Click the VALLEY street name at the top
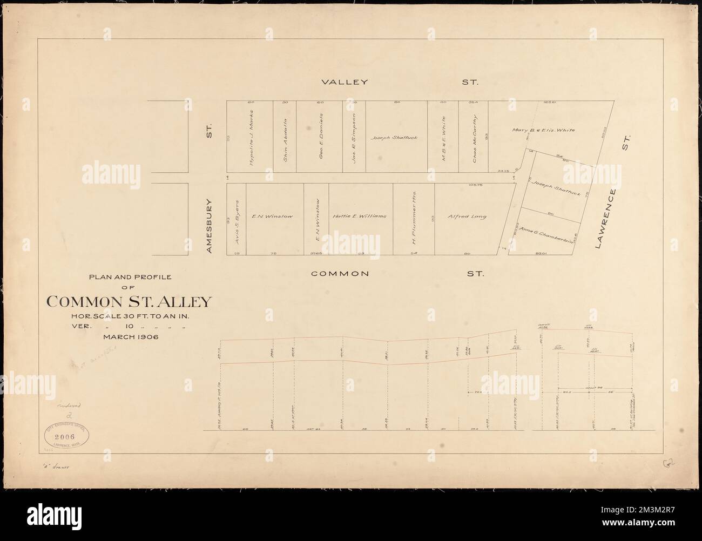[345, 83]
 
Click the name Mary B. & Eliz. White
[547, 130]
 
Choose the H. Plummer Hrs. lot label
[414, 217]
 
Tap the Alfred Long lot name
[467, 217]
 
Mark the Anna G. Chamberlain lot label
[546, 235]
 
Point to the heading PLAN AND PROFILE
[129, 277]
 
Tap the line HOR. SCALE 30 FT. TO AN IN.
[135, 316]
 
